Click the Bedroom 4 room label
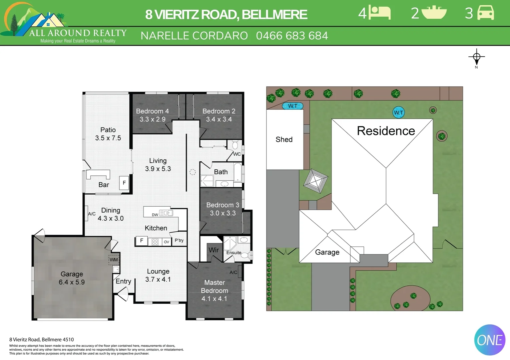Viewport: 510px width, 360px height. [152, 115]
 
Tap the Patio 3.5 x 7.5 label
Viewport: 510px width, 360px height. [108, 134]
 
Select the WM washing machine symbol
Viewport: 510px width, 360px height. [114, 260]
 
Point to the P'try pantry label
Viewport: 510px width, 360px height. [179, 240]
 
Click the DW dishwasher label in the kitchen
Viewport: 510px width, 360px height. [155, 215]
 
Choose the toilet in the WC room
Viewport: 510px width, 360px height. [235, 145]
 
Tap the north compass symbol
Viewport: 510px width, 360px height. [476, 58]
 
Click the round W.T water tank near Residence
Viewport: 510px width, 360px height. [399, 112]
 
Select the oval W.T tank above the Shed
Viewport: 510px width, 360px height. [293, 106]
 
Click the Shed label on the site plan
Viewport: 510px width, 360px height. [284, 139]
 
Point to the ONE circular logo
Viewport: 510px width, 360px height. [490, 340]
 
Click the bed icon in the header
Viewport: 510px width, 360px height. [380, 13]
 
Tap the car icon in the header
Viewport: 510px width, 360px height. [486, 13]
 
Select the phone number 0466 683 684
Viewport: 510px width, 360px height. [292, 36]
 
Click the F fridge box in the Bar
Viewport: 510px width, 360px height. [124, 183]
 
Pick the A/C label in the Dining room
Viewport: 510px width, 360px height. [92, 214]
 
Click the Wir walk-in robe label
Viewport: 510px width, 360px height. [213, 250]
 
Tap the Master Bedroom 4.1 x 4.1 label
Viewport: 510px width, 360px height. [214, 290]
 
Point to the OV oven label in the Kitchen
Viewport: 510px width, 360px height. [166, 242]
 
